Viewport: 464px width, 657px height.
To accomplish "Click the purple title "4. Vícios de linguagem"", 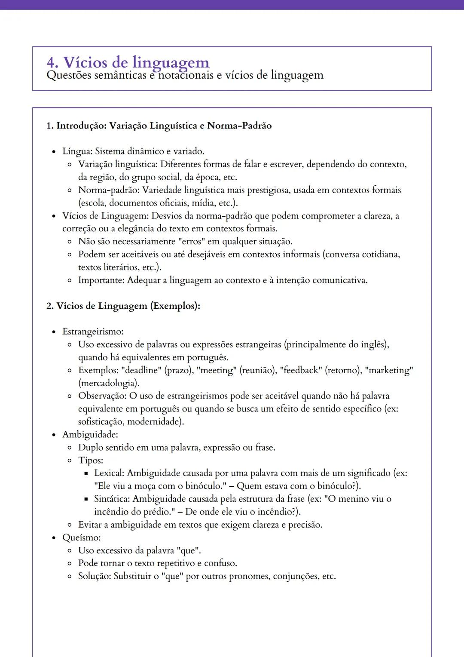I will (128, 62).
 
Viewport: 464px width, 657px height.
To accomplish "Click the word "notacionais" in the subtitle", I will (184, 75).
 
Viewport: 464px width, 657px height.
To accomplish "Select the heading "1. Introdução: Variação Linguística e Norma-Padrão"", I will (159, 126).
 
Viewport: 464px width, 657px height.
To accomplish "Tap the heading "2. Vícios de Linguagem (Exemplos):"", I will (123, 306).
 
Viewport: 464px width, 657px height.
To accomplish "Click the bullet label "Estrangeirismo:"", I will (93, 332).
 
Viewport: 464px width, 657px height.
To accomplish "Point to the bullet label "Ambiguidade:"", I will (90, 434).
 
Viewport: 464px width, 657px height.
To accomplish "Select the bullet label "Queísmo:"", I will (82, 537).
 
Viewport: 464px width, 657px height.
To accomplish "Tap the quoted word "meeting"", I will (217, 370).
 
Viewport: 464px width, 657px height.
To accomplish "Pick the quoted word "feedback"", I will (301, 370).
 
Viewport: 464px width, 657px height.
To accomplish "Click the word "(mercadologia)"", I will (109, 383).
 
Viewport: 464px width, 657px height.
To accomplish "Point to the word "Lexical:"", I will (109, 473).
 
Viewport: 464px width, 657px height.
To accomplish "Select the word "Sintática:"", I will (112, 499).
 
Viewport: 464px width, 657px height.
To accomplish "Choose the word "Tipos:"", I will (91, 460).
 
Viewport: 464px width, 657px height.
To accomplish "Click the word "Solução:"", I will (95, 576).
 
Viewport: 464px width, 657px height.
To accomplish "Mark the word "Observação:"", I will (102, 396).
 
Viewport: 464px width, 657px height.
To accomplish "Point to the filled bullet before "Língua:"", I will (54, 152).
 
